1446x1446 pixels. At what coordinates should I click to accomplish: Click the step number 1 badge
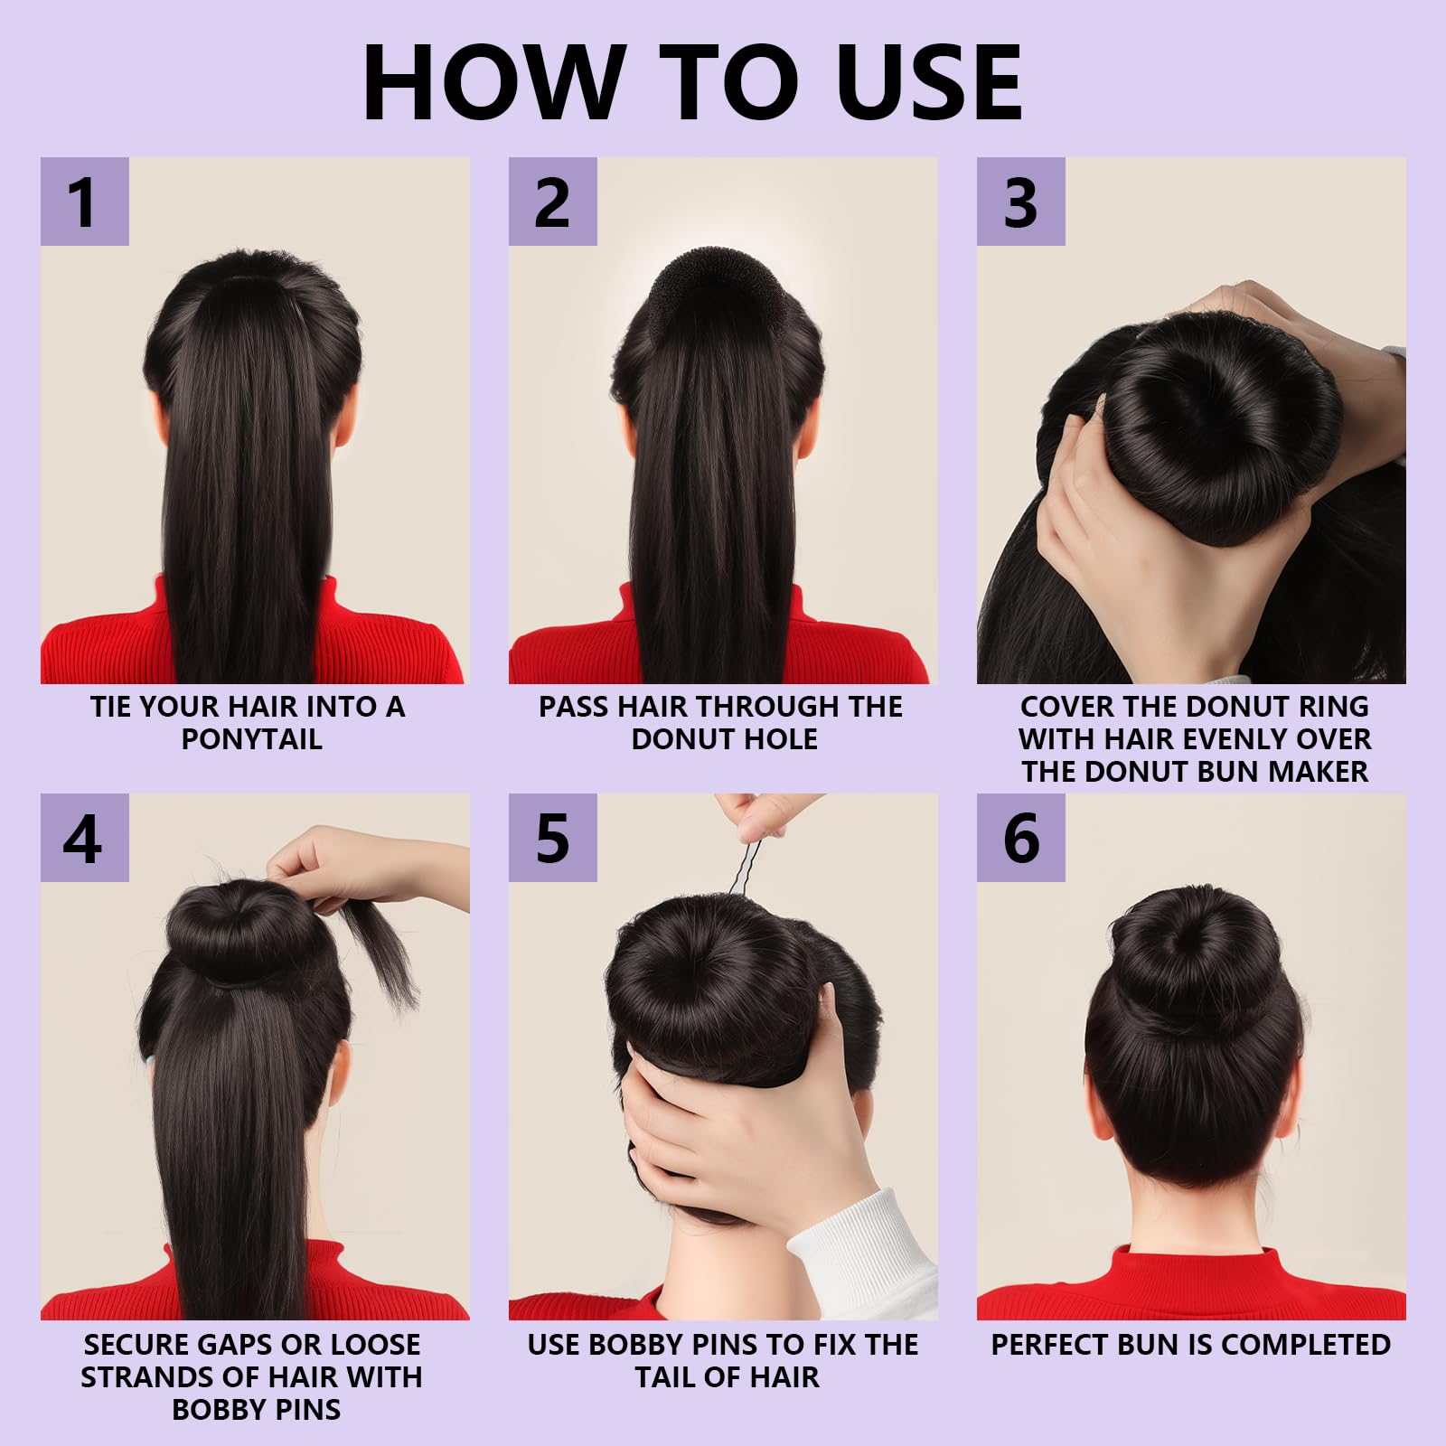(84, 202)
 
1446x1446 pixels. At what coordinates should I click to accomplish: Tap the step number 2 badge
(552, 202)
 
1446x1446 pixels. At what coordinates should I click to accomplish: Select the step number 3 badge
(1020, 202)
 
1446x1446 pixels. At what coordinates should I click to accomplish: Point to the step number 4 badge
(84, 838)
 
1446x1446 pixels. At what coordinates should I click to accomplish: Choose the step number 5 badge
(552, 838)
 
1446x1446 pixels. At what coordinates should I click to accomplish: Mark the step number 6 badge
(1020, 838)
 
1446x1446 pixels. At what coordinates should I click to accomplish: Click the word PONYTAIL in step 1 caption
(251, 739)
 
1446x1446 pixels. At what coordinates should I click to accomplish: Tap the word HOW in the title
(493, 81)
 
